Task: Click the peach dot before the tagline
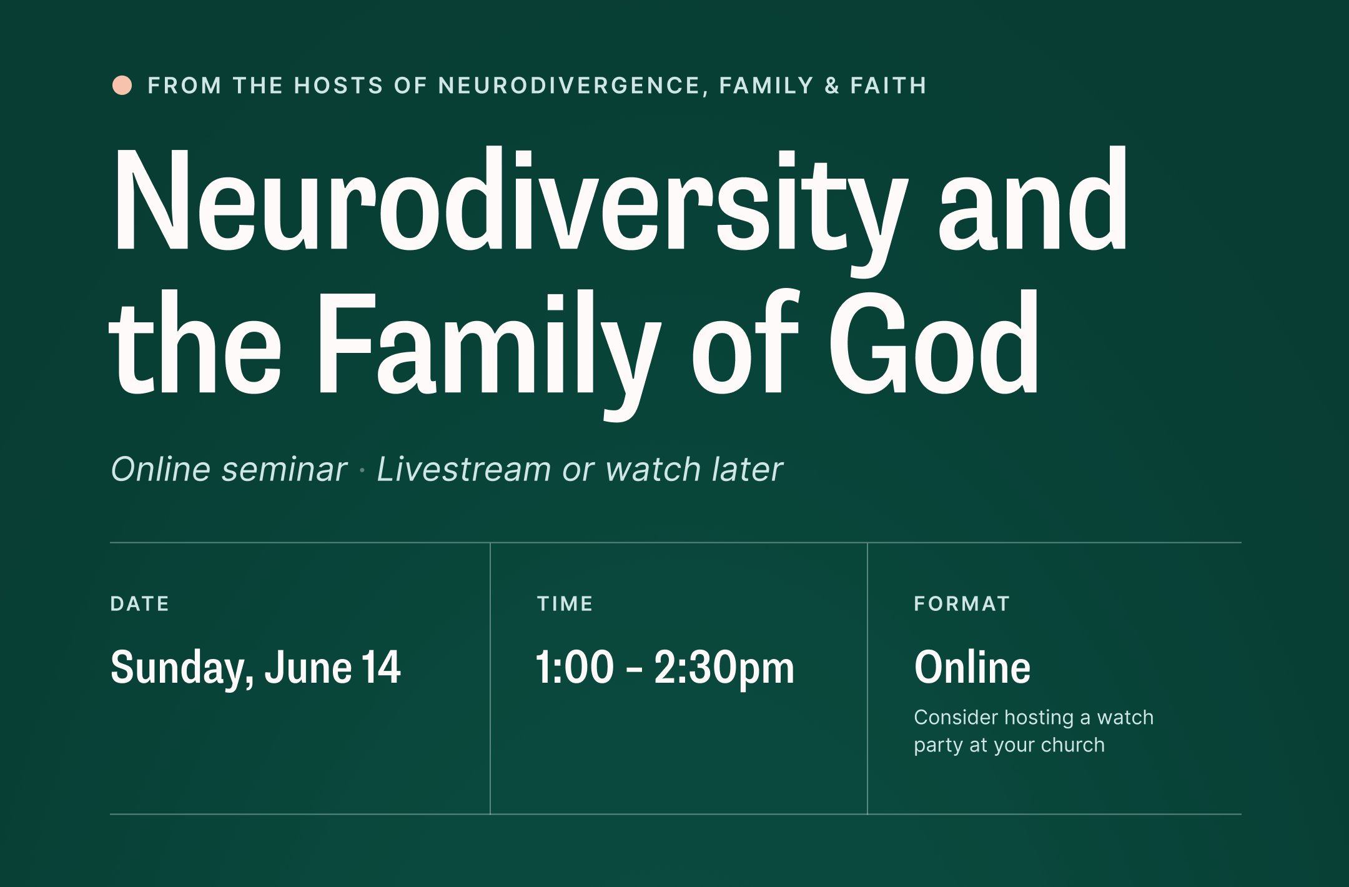[x=122, y=86]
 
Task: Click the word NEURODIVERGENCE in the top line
[x=569, y=86]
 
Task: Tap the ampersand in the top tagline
[x=832, y=86]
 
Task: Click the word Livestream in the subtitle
[x=463, y=469]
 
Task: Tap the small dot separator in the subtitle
[x=362, y=470]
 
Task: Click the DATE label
[x=140, y=603]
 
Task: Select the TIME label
[x=565, y=603]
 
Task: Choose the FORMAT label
[x=962, y=603]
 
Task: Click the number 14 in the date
[x=381, y=667]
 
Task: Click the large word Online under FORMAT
[x=972, y=667]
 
